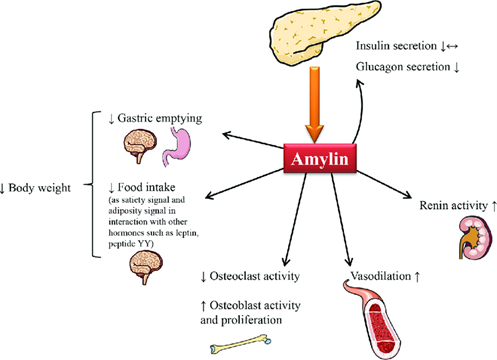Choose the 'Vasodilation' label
pos(350,271)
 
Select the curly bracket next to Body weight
pos(97,188)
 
